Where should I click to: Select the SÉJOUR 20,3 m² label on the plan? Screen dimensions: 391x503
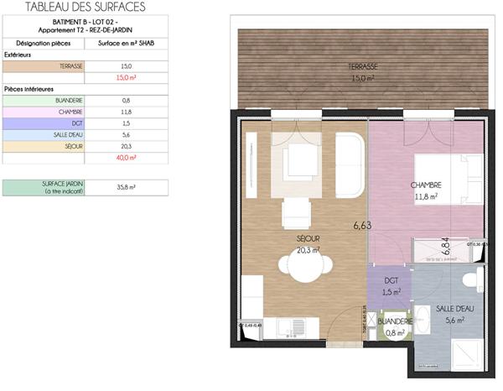tap(309, 243)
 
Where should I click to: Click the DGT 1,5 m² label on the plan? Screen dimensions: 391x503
tap(391, 286)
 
